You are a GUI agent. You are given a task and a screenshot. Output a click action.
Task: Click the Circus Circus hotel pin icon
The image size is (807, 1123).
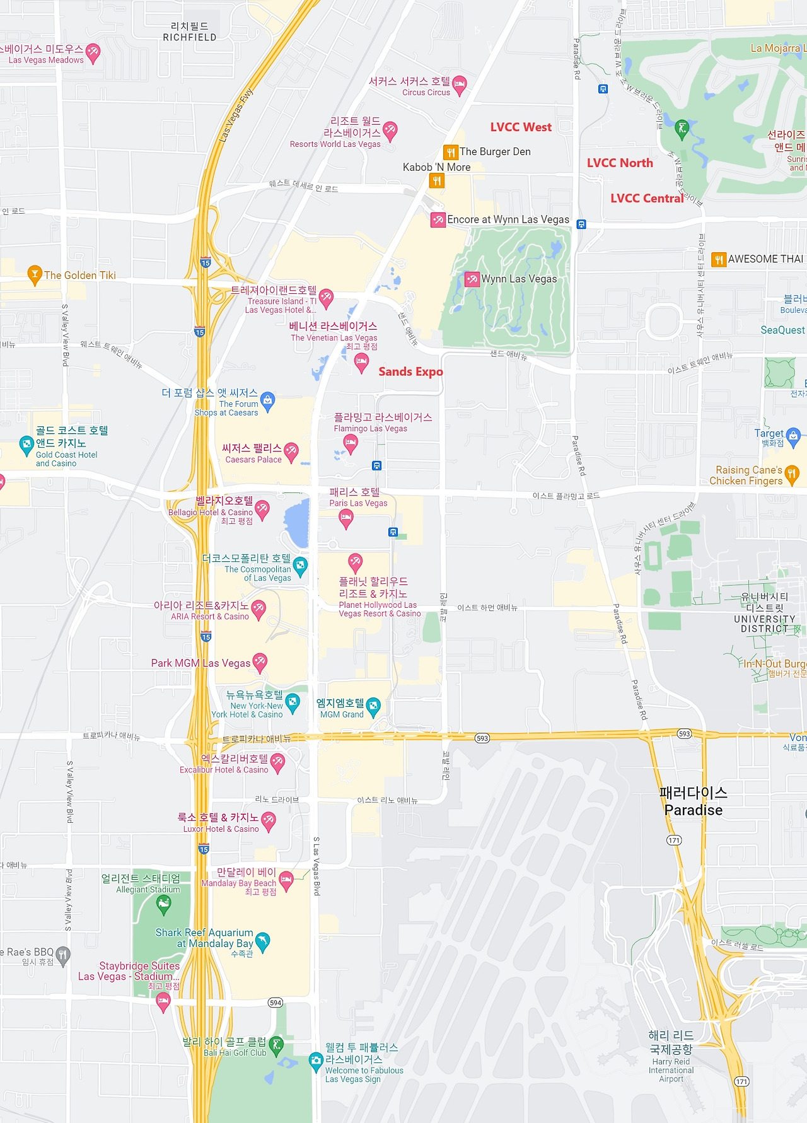(460, 84)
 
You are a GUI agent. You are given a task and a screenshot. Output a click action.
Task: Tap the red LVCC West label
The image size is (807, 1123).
(521, 127)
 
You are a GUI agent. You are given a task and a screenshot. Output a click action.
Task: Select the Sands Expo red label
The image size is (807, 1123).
(410, 372)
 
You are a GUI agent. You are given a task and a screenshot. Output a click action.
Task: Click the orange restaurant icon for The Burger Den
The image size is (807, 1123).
(450, 152)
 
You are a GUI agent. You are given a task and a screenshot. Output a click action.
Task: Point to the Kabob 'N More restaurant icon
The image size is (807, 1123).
(437, 181)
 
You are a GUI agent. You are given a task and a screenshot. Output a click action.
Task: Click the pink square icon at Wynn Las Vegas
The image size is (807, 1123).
(472, 279)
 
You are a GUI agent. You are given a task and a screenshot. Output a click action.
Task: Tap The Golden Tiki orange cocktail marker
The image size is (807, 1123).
(35, 274)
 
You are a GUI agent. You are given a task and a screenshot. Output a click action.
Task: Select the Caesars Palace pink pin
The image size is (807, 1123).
(291, 451)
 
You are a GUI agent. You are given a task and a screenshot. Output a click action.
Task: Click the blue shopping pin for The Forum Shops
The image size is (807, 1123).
(267, 400)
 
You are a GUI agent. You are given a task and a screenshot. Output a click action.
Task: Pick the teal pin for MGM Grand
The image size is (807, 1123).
(373, 706)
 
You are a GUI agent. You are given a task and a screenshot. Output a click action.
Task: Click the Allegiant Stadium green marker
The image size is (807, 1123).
(163, 905)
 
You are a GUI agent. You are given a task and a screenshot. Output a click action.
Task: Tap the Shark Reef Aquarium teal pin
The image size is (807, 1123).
(263, 941)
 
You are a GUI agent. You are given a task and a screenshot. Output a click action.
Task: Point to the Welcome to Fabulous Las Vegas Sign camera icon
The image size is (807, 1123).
(316, 1062)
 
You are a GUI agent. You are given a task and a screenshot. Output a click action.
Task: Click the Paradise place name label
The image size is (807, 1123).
(694, 801)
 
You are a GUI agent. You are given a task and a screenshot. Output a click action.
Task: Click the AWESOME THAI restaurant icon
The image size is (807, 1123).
(718, 259)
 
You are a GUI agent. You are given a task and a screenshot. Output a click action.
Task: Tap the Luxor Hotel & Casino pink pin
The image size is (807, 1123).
(269, 821)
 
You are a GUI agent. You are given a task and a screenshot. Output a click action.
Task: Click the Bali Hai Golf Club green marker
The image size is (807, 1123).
(276, 1045)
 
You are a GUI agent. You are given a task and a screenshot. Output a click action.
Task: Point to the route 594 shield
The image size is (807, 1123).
(276, 1003)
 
